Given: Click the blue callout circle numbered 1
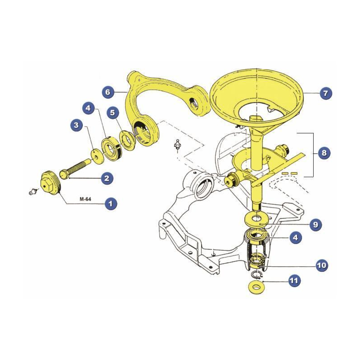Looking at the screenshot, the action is pyautogui.click(x=111, y=204).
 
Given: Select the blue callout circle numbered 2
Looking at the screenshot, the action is pyautogui.click(x=107, y=178).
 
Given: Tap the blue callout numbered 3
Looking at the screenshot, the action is pyautogui.click(x=76, y=125).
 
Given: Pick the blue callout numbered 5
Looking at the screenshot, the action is pyautogui.click(x=112, y=113).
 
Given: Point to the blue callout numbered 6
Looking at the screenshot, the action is pyautogui.click(x=108, y=92).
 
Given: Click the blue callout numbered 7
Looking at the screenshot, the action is pyautogui.click(x=325, y=93).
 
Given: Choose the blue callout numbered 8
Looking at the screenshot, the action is pyautogui.click(x=324, y=153).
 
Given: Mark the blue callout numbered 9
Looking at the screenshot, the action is pyautogui.click(x=316, y=224).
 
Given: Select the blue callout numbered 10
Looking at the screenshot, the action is pyautogui.click(x=322, y=265).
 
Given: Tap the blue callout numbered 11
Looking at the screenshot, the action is pyautogui.click(x=295, y=280).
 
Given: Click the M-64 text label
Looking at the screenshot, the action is pyautogui.click(x=85, y=199).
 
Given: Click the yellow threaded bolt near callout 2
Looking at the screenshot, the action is pyautogui.click(x=75, y=167).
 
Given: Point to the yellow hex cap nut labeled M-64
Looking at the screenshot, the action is pyautogui.click(x=50, y=183).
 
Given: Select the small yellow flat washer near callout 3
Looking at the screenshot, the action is pyautogui.click(x=98, y=157).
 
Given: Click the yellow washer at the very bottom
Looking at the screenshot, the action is pyautogui.click(x=258, y=287).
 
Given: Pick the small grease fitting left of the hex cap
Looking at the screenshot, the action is pyautogui.click(x=33, y=191).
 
